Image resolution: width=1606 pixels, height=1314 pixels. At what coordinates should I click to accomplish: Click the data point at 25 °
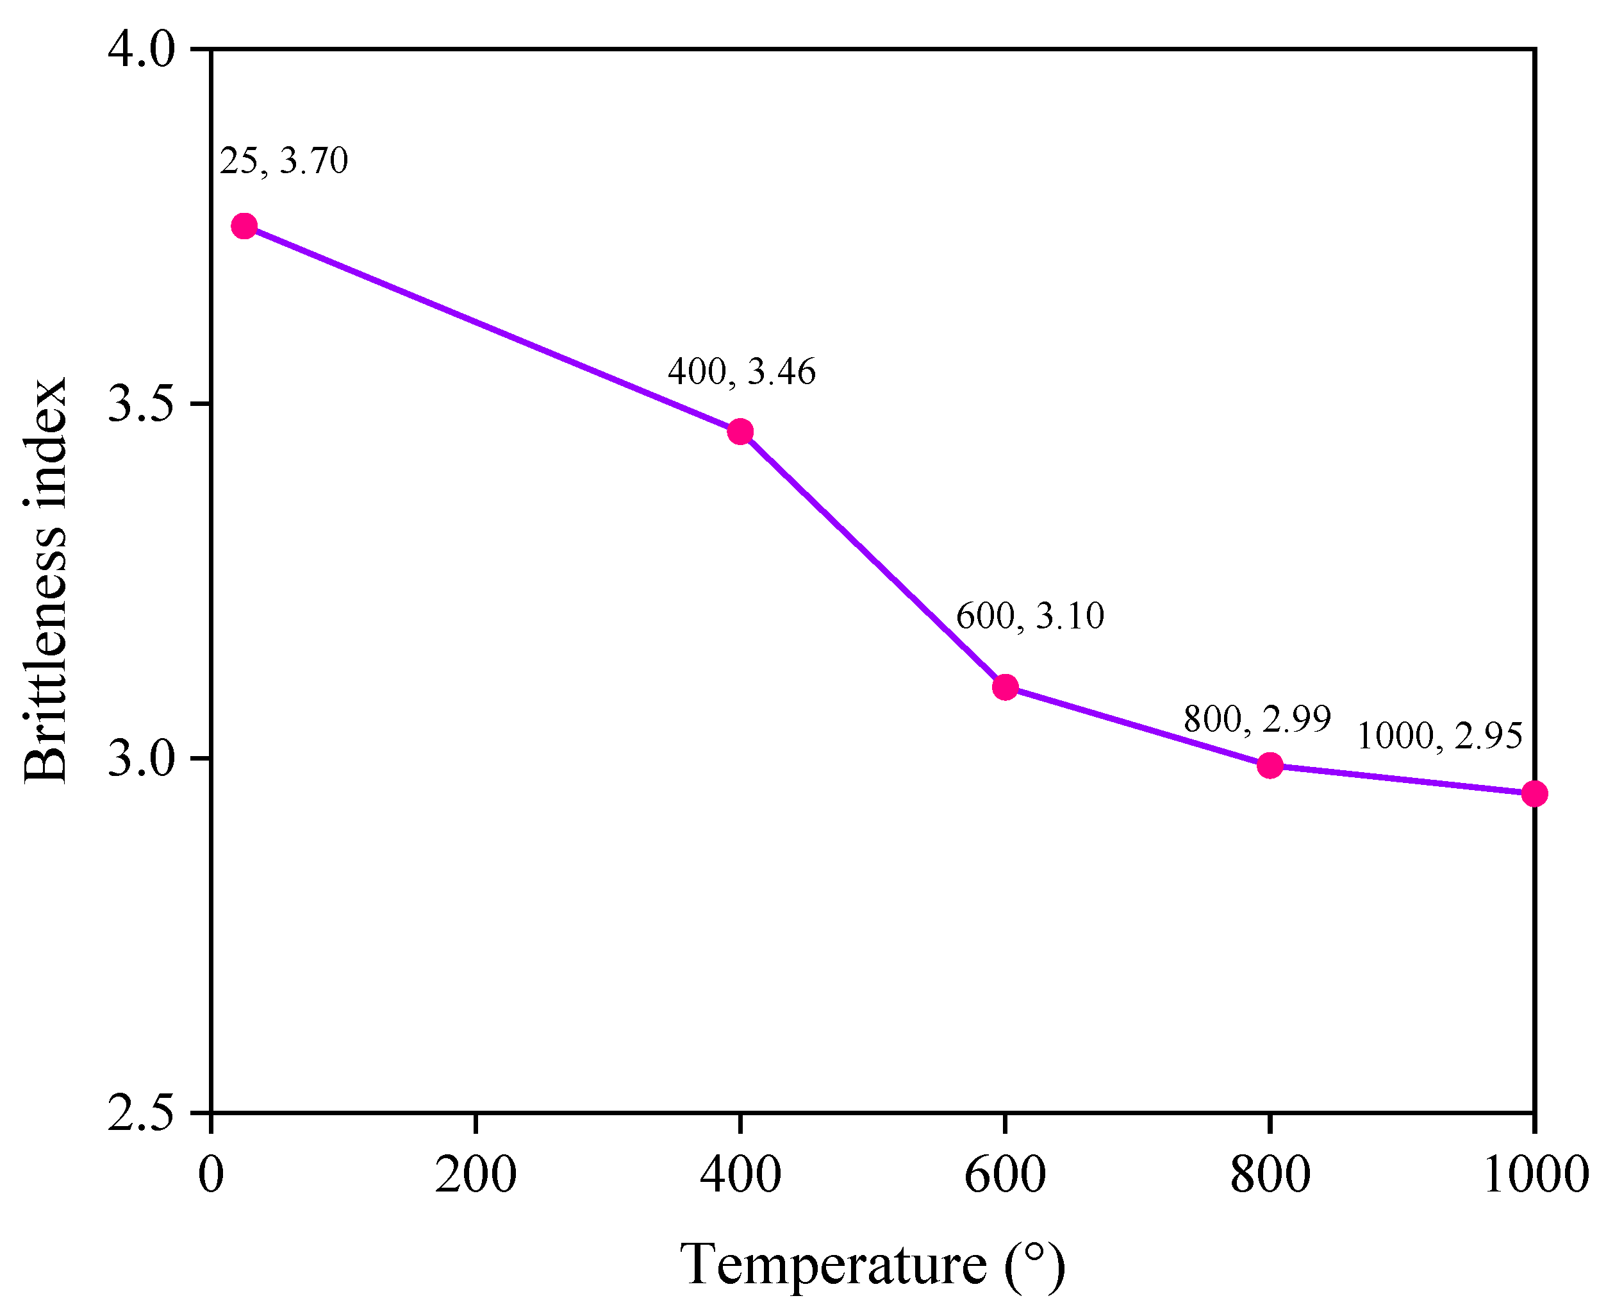pos(244,226)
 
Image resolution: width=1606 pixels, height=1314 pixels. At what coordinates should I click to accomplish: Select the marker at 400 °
pos(740,432)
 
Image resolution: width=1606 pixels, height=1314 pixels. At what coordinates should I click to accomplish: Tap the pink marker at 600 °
pos(1005,687)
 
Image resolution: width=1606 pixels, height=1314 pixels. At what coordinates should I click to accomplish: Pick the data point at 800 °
pos(1270,765)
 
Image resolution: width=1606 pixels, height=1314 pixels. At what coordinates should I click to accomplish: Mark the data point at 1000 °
pos(1534,793)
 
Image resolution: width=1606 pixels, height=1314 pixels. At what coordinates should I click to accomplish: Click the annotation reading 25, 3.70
pos(284,160)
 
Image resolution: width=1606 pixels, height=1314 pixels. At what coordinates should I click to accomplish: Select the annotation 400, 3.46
pos(741,372)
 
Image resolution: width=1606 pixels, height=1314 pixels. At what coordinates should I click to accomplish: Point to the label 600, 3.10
pos(1030,616)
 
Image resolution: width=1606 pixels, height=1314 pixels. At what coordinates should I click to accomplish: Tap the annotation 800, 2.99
pos(1257,718)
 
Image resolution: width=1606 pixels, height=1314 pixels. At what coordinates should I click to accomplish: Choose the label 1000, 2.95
pos(1439,736)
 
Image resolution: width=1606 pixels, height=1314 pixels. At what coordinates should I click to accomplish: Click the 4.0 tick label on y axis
pos(141,49)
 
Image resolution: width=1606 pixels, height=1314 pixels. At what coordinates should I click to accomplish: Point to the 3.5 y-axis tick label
pos(141,404)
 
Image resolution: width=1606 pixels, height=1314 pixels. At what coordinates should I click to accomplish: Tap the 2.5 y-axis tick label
pos(141,1113)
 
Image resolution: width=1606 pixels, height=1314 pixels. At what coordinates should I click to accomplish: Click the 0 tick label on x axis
pos(211,1175)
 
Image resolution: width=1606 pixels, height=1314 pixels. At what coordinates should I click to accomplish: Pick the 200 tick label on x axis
pos(475,1175)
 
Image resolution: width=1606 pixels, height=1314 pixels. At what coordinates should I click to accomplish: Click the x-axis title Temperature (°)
pos(872,1265)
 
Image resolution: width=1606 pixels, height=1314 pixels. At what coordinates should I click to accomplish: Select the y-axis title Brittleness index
pos(46,580)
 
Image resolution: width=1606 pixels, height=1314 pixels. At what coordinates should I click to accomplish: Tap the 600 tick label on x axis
pos(1005,1175)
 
